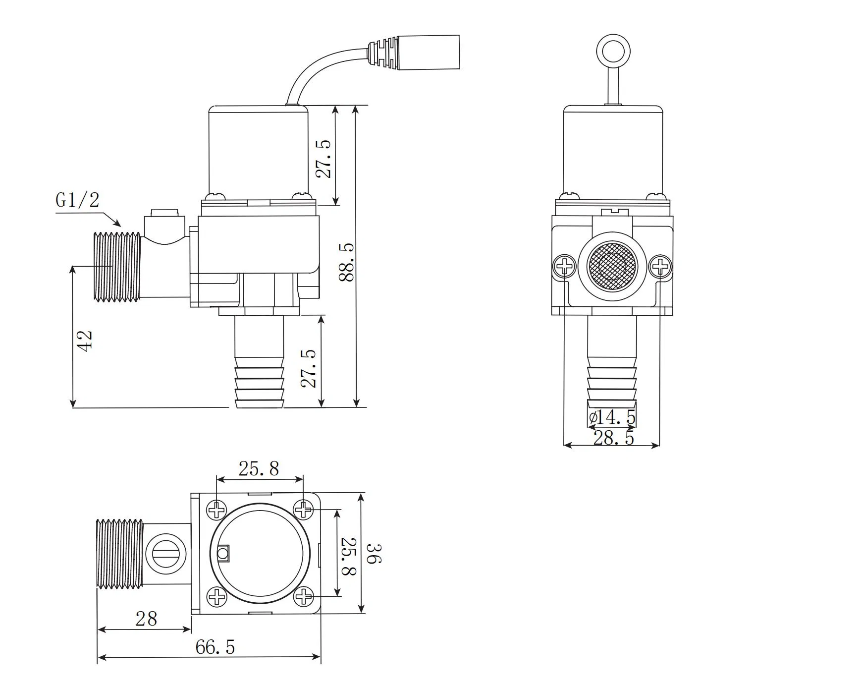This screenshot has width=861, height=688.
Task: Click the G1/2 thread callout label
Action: point(77,200)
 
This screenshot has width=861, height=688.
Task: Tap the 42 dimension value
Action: point(85,341)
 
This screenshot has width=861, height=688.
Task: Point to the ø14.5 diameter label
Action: point(612,417)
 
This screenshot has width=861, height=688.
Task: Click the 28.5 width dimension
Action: point(613,438)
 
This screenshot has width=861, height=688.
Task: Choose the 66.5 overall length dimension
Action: point(215,647)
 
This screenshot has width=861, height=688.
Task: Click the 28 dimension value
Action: point(146,619)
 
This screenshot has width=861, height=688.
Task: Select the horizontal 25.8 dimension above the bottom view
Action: point(259,468)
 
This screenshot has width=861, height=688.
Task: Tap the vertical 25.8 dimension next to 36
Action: point(348,556)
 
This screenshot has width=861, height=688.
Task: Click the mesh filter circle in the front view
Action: point(612,266)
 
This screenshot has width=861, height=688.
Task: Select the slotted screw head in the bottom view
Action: point(166,554)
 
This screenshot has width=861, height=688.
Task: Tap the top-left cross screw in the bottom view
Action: point(216,510)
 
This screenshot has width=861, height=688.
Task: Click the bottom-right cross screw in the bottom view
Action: point(304,596)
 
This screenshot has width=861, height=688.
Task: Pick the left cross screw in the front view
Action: point(564,267)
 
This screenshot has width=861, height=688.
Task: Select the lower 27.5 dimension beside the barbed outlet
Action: point(309,368)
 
